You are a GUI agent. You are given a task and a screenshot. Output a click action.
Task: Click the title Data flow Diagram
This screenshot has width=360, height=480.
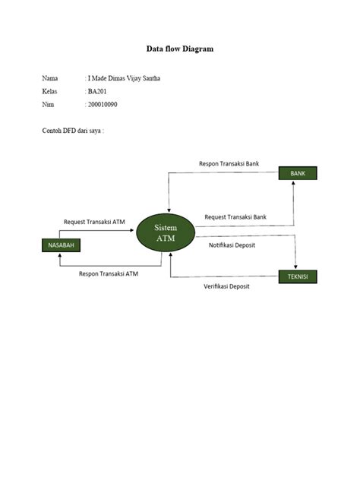(x=180, y=49)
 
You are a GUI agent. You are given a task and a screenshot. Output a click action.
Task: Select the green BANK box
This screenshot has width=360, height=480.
(x=298, y=174)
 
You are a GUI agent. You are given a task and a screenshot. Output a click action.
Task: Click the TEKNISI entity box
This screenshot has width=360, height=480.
(x=298, y=276)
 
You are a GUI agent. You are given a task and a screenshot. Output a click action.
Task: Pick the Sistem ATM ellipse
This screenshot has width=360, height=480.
(x=166, y=233)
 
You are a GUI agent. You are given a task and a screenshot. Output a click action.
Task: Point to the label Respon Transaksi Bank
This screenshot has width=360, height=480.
(x=229, y=163)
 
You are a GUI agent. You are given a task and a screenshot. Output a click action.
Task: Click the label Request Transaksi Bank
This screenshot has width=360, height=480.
(x=235, y=217)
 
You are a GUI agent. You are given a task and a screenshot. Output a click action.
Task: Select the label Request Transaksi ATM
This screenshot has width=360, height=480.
(x=94, y=222)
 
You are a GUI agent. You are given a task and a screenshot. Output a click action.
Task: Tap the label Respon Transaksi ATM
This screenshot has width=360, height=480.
(x=109, y=273)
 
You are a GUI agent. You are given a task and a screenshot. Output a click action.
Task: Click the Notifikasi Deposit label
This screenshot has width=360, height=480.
(x=237, y=245)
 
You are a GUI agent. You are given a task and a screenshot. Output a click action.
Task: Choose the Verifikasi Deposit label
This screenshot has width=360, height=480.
(x=226, y=286)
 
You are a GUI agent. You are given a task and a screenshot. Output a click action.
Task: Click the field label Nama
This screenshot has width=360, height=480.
(x=50, y=77)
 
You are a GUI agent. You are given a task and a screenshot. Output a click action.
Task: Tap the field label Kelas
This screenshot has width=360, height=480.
(x=50, y=90)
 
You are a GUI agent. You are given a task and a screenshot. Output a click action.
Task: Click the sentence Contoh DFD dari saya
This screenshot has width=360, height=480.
(x=72, y=131)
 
